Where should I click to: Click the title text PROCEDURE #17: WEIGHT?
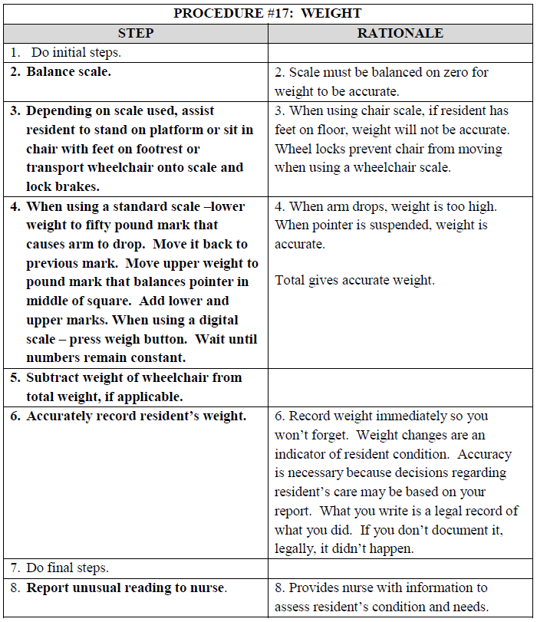[x=267, y=13]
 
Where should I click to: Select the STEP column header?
[x=136, y=33]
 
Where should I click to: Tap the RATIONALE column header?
[x=400, y=33]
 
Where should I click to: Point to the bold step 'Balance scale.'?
[x=68, y=72]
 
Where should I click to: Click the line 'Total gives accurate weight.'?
[x=354, y=281]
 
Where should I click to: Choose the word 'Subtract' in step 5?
[x=57, y=377]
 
